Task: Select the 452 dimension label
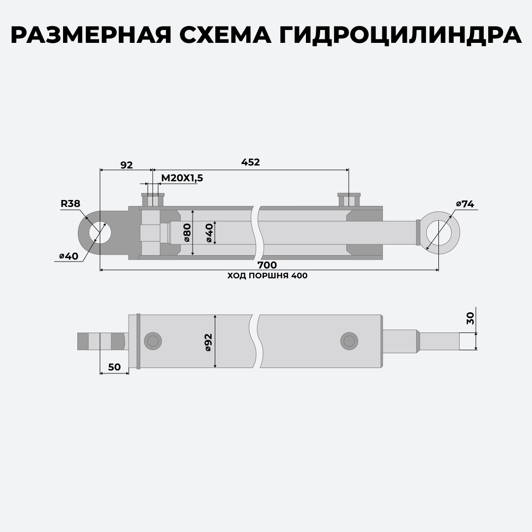click(x=250, y=162)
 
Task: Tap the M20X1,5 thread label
click(x=182, y=178)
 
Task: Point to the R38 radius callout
click(x=70, y=203)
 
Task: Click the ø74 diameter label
click(x=465, y=204)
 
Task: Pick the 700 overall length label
click(x=267, y=265)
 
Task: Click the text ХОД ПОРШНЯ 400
click(x=267, y=276)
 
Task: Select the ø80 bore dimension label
click(x=187, y=233)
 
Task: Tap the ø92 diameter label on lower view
click(x=208, y=342)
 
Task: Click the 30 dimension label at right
click(x=470, y=318)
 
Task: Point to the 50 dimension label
click(x=114, y=367)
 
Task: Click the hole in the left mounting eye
click(x=100, y=233)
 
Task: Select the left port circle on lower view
click(x=153, y=341)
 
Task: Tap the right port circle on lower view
click(x=349, y=341)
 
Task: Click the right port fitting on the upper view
click(x=349, y=200)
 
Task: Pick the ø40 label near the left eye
click(x=69, y=256)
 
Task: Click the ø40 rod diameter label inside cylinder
click(x=209, y=233)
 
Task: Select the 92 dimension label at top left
click(x=127, y=165)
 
